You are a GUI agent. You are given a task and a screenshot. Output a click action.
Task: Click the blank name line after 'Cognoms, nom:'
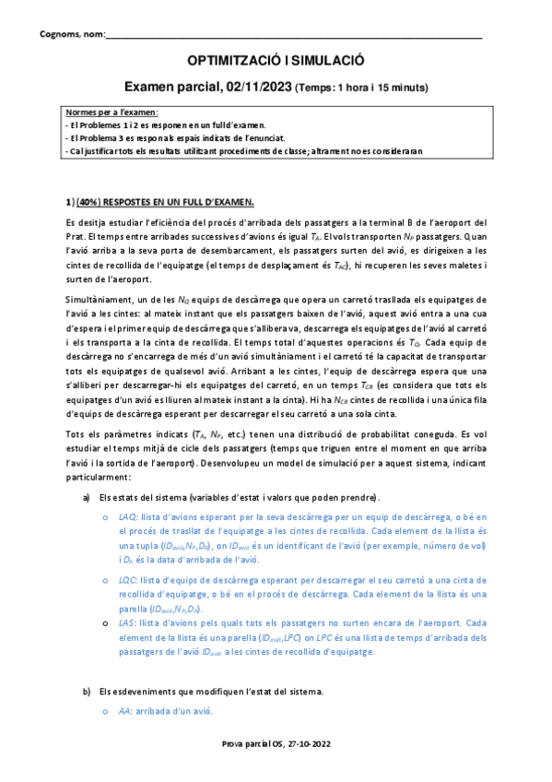click(x=295, y=37)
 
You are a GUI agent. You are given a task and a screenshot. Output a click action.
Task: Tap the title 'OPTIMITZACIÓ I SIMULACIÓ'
click(x=276, y=61)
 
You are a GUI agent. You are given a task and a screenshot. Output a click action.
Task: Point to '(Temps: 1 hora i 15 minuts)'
click(x=360, y=88)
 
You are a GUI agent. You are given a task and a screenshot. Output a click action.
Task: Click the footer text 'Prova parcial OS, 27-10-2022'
click(x=276, y=768)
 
